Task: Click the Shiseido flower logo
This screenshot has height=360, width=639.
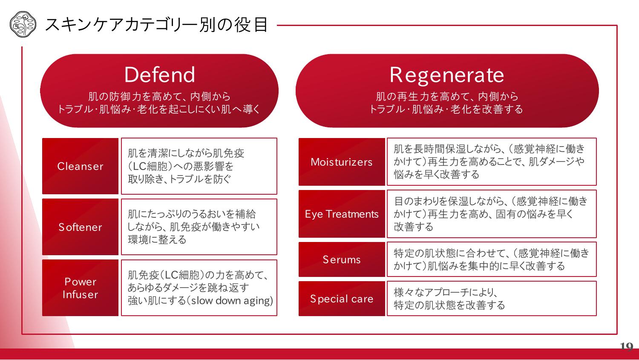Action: [x=23, y=24]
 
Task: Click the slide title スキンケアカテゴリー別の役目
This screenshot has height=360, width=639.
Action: [x=156, y=25]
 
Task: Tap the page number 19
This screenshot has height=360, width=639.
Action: [x=627, y=346]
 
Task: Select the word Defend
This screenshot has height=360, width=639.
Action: [x=159, y=75]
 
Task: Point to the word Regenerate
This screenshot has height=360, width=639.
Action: [x=447, y=75]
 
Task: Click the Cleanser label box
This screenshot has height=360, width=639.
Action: [x=80, y=166]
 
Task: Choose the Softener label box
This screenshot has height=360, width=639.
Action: [x=80, y=227]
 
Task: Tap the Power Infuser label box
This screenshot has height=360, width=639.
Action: [x=80, y=288]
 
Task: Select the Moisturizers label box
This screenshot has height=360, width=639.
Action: [x=342, y=162]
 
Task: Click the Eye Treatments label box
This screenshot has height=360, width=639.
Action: [x=342, y=214]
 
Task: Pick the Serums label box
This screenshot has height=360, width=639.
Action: [x=342, y=259]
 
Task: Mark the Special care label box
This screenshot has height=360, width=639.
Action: [x=342, y=298]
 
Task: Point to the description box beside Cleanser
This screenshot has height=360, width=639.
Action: [x=199, y=166]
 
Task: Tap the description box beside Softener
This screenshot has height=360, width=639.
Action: [x=199, y=227]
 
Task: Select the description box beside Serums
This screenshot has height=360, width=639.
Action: [x=492, y=259]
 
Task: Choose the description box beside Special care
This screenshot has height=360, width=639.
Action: [x=492, y=298]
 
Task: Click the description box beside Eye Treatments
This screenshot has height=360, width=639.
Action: [x=492, y=214]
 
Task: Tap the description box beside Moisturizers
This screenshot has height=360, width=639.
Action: [x=492, y=162]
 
